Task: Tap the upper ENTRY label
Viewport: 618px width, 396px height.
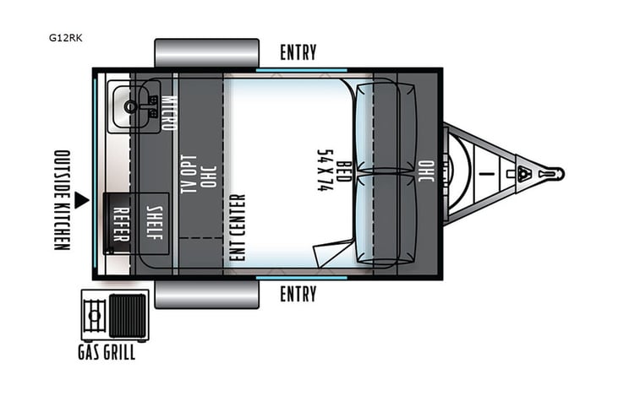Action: coord(298,52)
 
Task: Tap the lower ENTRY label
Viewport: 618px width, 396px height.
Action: coord(298,294)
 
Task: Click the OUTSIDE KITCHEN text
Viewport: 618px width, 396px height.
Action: coord(61,199)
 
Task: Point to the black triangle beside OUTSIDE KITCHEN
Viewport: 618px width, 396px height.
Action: coord(81,200)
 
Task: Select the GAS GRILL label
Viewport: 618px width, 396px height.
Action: coord(107,353)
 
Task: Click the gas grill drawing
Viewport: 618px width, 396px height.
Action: coord(114,315)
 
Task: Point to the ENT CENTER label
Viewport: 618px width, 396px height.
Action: coord(238,226)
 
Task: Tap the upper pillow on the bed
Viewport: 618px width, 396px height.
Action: coord(386,127)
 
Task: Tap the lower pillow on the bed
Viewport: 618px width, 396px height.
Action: coord(386,219)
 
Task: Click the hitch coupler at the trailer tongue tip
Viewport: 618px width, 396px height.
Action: coord(554,173)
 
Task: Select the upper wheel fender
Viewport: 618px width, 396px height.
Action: coord(206,52)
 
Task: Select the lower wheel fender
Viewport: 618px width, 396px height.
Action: coord(206,294)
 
